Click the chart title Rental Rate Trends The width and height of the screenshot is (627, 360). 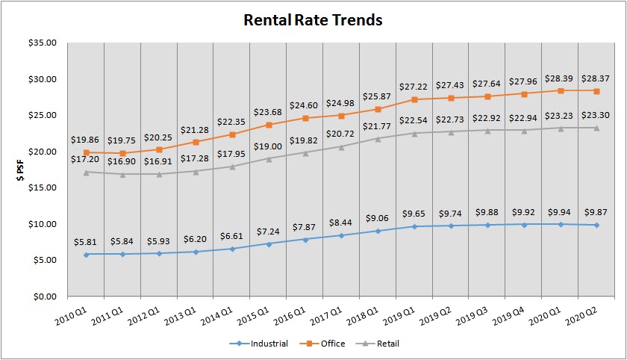pos(313,20)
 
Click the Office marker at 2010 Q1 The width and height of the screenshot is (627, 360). pos(87,152)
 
